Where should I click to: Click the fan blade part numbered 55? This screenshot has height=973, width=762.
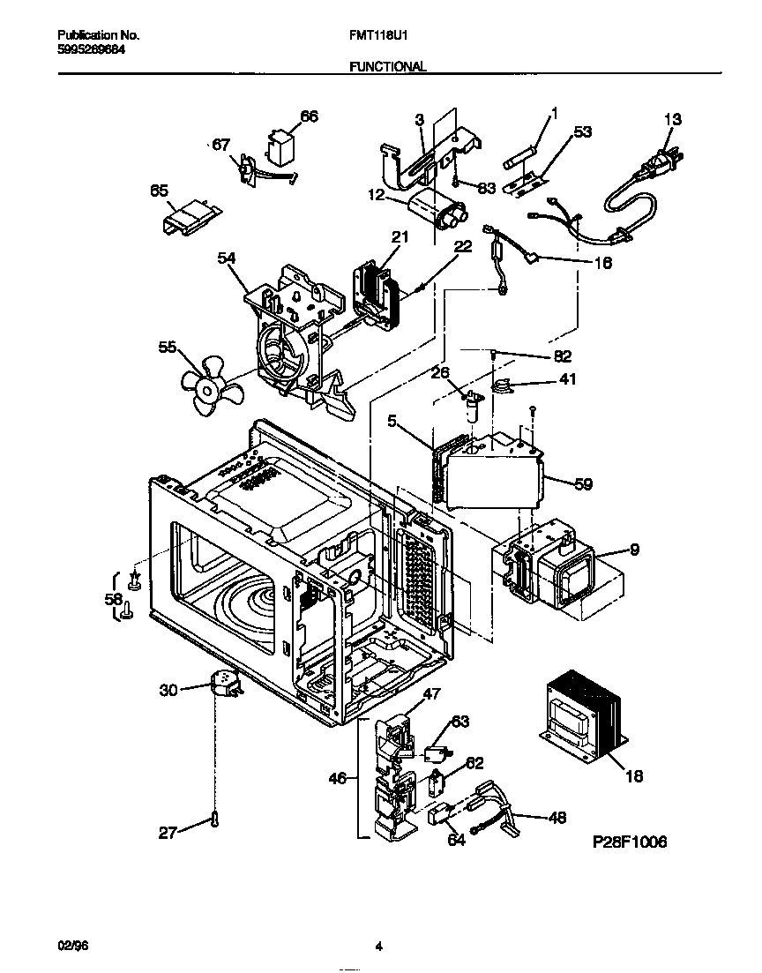tap(205, 385)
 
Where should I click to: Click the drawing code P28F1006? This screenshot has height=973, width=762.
tap(629, 842)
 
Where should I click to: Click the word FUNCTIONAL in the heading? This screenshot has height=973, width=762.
tap(388, 66)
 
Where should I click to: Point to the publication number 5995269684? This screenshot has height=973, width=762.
tap(93, 50)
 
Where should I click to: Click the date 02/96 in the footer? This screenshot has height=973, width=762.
tap(73, 946)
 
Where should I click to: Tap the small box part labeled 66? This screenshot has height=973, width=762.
tap(283, 148)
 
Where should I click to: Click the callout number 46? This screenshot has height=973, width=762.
tap(337, 779)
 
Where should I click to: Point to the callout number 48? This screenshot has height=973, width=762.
tap(557, 818)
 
